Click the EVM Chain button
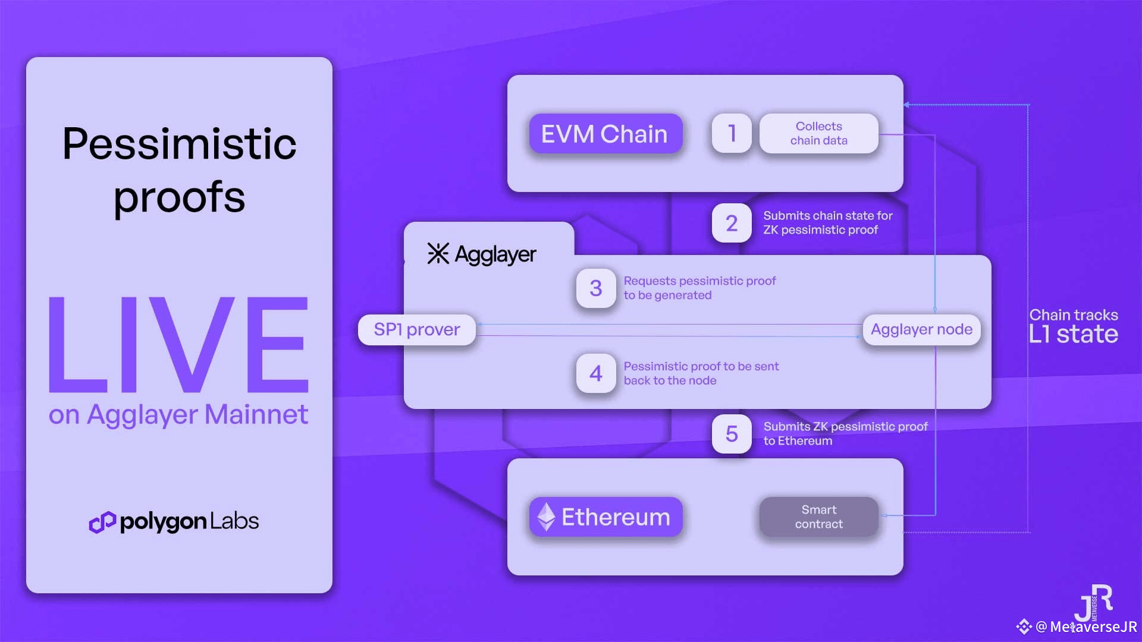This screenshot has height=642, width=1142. click(605, 134)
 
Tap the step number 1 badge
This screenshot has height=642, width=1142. click(732, 133)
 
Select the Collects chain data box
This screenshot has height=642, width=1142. click(818, 133)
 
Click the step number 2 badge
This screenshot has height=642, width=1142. click(732, 223)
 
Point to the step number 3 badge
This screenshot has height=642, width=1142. click(596, 288)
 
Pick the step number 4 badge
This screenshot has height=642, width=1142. click(596, 373)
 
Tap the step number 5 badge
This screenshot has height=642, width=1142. click(732, 434)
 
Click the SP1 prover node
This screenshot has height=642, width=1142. click(417, 329)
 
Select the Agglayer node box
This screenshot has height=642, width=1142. click(921, 329)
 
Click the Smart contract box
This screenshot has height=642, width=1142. click(818, 517)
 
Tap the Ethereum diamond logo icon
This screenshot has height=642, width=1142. click(546, 517)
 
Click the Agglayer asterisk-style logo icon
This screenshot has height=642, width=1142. click(438, 254)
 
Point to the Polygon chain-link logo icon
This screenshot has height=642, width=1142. click(102, 522)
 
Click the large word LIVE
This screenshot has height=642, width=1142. click(178, 345)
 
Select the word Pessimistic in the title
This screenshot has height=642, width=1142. click(179, 144)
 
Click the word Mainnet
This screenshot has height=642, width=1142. click(256, 414)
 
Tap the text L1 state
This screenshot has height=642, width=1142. click(1074, 334)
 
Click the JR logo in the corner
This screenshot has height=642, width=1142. click(1093, 603)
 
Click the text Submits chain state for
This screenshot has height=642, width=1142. click(828, 216)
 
